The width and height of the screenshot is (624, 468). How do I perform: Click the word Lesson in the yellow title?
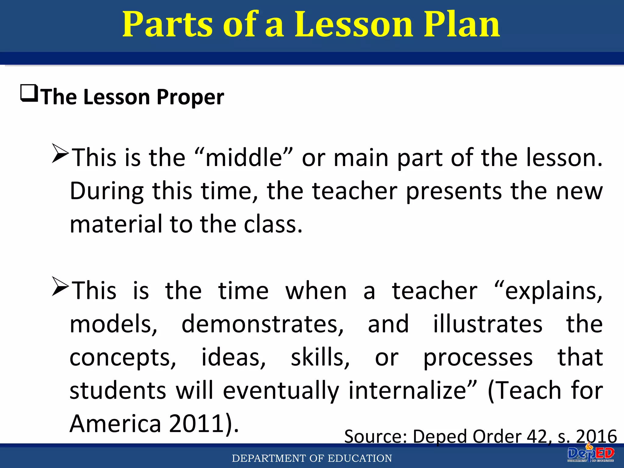[353, 24]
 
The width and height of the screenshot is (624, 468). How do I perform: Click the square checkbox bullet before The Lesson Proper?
[29, 93]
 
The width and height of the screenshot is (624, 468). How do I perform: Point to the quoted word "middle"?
[244, 158]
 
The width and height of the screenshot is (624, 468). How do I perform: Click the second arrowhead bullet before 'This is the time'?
[60, 286]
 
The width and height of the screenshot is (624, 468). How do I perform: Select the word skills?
[320, 358]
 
